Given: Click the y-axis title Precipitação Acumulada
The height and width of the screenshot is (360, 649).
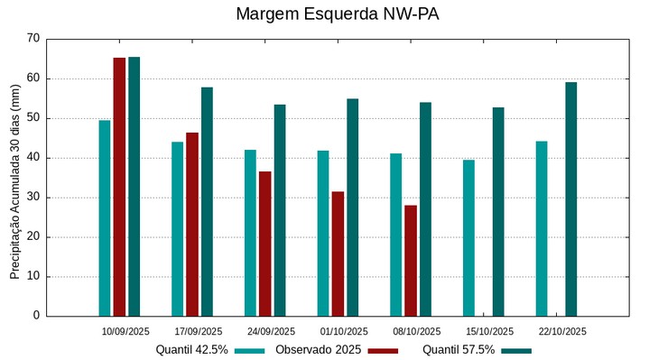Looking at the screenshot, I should [14, 178].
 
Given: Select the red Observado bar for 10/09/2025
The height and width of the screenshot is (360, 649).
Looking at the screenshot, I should [119, 187].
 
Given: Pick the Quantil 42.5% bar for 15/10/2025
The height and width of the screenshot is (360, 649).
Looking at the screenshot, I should [468, 238].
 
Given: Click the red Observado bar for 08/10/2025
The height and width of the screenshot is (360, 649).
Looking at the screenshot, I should [411, 261].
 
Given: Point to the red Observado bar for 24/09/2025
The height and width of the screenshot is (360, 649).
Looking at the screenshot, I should [264, 244].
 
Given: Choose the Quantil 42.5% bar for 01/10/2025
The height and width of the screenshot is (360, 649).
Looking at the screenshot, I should [323, 233].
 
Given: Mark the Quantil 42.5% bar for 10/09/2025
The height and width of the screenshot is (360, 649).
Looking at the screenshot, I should [105, 217].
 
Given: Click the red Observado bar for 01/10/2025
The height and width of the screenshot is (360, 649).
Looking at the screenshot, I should [338, 254].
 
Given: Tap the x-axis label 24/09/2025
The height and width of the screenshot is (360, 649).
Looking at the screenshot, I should [271, 331].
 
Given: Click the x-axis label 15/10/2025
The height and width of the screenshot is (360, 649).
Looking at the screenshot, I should [489, 331].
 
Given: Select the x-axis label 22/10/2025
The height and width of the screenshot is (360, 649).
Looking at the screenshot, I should [562, 331].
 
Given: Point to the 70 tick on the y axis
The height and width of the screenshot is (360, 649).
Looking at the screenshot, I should [33, 39].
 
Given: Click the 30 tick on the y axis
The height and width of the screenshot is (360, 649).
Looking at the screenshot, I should [33, 198].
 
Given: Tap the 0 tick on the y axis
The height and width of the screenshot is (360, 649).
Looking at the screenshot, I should [36, 316].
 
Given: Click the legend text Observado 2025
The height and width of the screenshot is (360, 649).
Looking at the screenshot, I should [318, 350].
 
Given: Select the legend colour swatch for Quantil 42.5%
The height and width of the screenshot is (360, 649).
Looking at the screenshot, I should [249, 350].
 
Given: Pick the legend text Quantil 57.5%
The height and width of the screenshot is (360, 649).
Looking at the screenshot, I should [459, 350].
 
